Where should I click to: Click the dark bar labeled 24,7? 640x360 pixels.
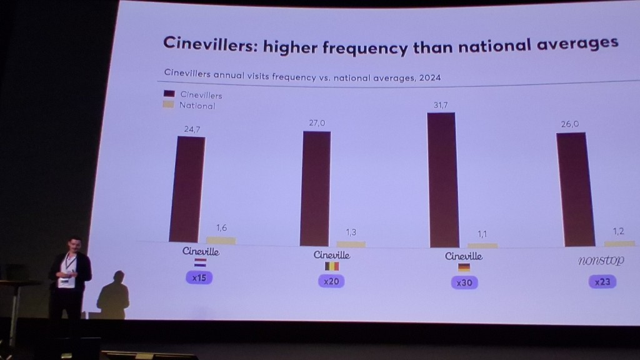click(186, 189)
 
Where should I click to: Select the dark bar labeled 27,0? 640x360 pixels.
click(315, 188)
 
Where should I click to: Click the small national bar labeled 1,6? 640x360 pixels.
click(221, 241)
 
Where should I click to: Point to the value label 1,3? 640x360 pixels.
click(350, 232)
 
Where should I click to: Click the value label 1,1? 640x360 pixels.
click(482, 234)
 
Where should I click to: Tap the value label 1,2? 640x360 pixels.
click(619, 231)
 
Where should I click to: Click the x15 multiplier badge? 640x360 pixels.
click(199, 277)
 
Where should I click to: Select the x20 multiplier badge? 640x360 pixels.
click(331, 281)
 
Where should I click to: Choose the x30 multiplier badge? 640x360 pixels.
click(464, 282)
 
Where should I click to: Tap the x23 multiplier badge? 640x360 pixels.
click(602, 282)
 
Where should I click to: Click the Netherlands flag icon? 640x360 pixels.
click(201, 262)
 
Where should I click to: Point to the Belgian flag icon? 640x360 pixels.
click(331, 266)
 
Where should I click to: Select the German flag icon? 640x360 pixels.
click(464, 267)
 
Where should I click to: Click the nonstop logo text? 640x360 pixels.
click(601, 261)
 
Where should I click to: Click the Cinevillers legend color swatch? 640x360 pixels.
click(169, 94)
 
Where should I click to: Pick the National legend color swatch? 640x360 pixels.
click(168, 105)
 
